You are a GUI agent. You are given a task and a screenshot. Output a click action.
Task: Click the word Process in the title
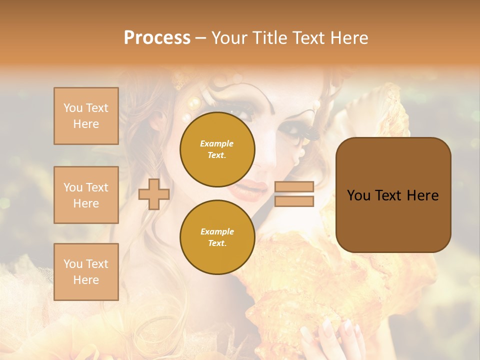tap(157, 38)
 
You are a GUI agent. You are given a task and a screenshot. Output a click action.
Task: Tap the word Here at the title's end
tap(347, 38)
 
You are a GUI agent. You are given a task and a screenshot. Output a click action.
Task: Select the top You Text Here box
tap(86, 116)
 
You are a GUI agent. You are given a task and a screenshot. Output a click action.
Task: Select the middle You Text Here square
tap(86, 195)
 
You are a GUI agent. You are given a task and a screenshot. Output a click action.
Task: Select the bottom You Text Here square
tap(86, 272)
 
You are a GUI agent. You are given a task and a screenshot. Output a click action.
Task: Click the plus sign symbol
tap(154, 194)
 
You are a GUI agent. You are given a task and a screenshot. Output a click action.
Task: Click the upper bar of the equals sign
tap(294, 187)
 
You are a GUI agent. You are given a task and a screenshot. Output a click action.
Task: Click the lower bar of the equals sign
tap(294, 201)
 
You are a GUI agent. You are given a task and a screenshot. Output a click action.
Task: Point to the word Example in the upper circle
tap(216, 143)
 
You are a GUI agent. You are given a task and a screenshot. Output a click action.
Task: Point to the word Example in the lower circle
tap(217, 231)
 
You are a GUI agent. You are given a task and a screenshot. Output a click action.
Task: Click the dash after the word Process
tap(200, 38)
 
